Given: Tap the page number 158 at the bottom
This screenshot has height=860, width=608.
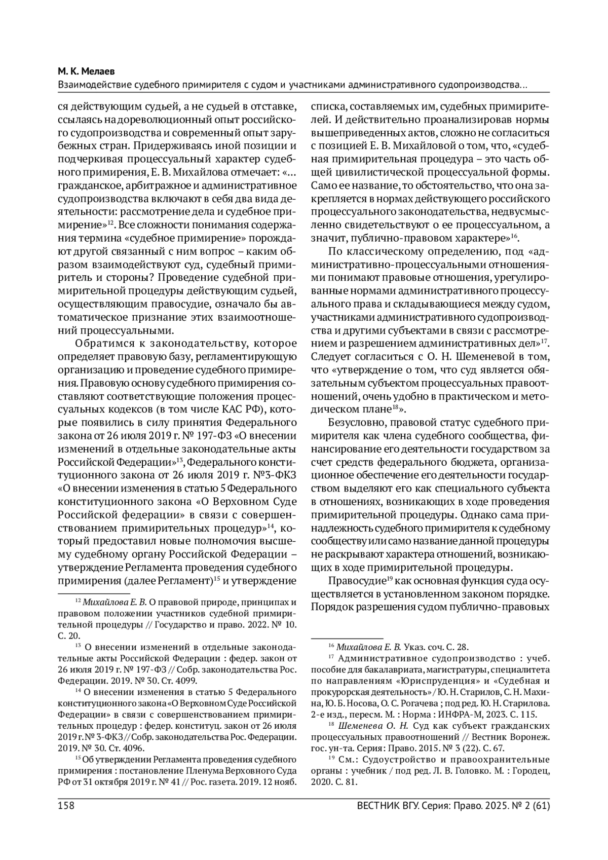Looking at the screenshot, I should coord(66,806).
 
